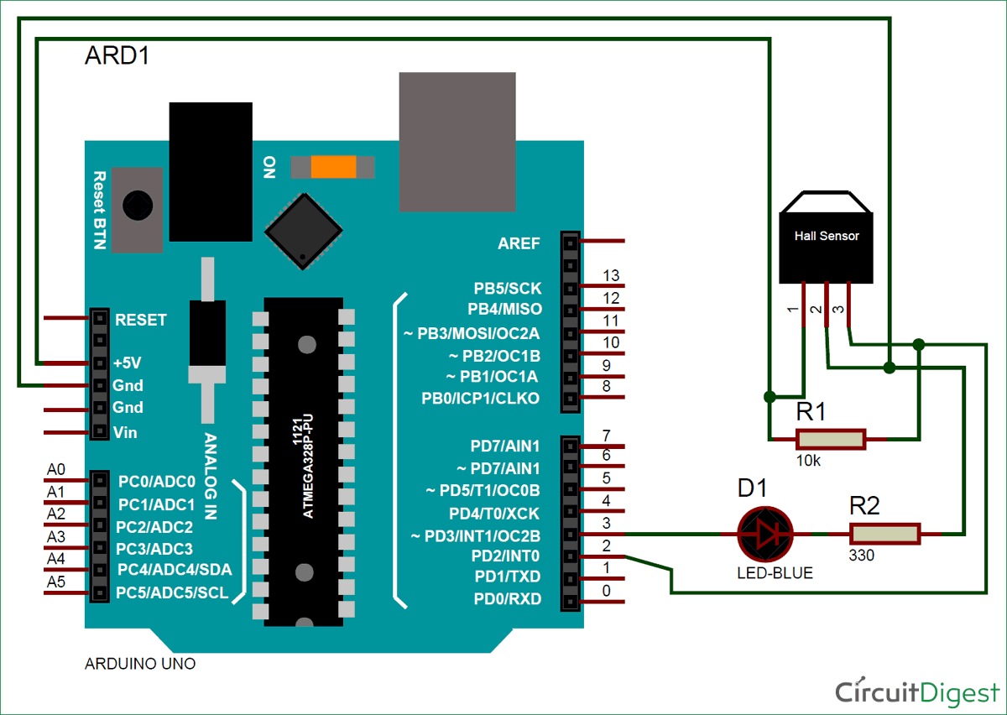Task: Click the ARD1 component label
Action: (x=117, y=56)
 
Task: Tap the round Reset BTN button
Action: (x=137, y=204)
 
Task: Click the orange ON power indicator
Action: (x=333, y=167)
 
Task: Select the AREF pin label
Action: (x=519, y=243)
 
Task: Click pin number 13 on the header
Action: (x=611, y=276)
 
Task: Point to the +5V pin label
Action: (x=127, y=363)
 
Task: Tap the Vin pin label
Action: (x=125, y=432)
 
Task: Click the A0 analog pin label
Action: (x=56, y=470)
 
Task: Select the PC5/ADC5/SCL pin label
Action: (x=172, y=593)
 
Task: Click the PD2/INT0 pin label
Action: (x=506, y=556)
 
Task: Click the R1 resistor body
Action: (x=830, y=439)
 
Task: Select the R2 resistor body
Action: (x=884, y=534)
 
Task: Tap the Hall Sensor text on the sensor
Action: (x=827, y=236)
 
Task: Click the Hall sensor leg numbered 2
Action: (x=827, y=305)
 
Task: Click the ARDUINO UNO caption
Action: (x=140, y=664)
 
